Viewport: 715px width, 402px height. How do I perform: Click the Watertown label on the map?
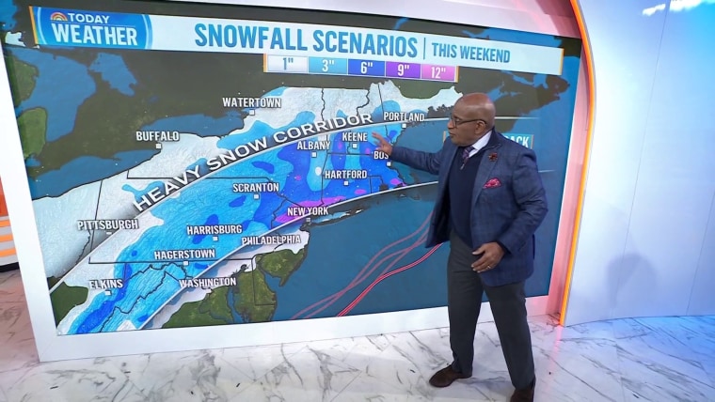(251, 101)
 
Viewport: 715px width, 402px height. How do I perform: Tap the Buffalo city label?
(157, 136)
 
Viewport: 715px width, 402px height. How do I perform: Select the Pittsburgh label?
(108, 224)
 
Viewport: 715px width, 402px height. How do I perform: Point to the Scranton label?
(256, 187)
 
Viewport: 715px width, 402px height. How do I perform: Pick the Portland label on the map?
(404, 116)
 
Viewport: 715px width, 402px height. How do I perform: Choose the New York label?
(307, 211)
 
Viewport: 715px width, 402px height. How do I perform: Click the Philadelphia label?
(271, 240)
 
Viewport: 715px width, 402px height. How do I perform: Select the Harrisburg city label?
(214, 228)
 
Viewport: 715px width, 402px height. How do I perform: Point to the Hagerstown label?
(184, 254)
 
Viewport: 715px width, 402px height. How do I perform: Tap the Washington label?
(207, 282)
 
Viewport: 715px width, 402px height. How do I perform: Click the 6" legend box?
(364, 68)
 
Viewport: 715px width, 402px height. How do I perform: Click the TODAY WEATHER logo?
(91, 28)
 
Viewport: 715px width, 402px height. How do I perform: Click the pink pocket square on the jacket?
(492, 182)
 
